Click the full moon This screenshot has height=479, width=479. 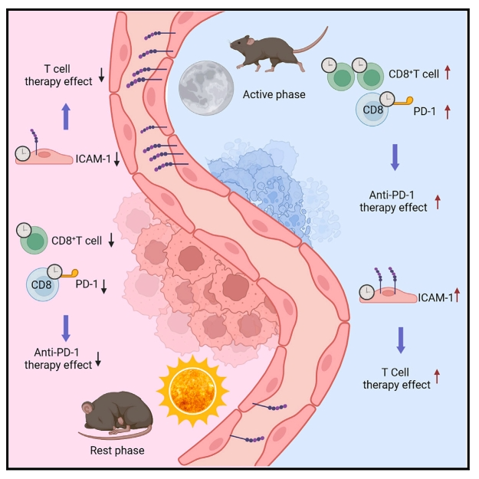coord(200,86)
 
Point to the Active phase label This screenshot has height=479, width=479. coord(274,95)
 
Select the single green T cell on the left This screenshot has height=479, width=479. coord(36,243)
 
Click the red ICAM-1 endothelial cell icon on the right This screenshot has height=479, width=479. coord(388,294)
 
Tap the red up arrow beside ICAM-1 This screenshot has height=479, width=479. coord(457,294)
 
